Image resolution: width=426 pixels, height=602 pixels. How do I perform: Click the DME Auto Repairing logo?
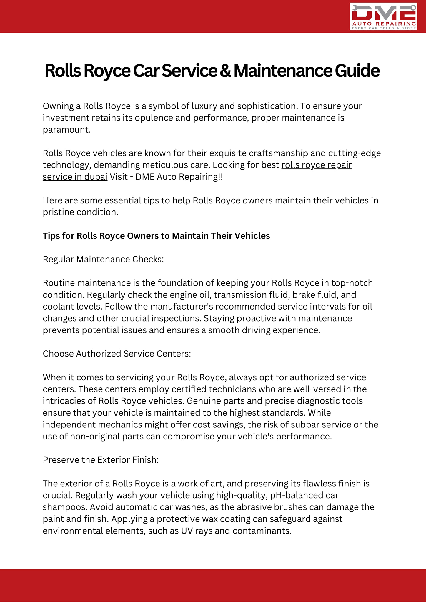[383, 16]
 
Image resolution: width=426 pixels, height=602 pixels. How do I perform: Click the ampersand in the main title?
[225, 71]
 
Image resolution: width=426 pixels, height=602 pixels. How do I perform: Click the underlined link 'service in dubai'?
[75, 177]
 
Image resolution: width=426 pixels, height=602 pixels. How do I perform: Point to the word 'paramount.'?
[67, 130]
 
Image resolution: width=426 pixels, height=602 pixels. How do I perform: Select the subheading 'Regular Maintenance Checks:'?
[103, 259]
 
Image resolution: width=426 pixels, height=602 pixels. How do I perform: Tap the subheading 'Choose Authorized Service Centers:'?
[117, 354]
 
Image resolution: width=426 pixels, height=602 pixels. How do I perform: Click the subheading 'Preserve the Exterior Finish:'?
[101, 460]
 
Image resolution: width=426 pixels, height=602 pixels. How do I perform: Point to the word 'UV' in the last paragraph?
[187, 531]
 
